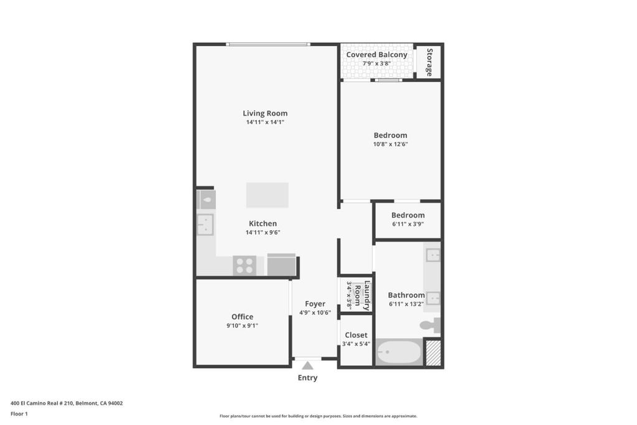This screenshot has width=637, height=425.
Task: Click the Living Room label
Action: (265, 113)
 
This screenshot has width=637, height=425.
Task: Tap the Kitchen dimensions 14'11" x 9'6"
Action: (263, 232)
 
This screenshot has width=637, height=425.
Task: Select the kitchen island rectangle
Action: (267, 195)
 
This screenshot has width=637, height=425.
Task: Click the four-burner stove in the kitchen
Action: (244, 265)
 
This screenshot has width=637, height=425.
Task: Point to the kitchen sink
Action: (205, 225)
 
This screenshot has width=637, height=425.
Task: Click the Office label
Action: (242, 317)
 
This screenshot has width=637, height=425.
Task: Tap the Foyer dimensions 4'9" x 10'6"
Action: (315, 312)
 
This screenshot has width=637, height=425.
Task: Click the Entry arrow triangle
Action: (307, 365)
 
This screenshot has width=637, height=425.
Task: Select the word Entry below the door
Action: (307, 378)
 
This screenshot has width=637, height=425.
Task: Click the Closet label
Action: (356, 335)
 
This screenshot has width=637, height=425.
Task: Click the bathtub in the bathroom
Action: (399, 352)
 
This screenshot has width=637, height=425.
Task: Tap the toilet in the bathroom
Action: (430, 325)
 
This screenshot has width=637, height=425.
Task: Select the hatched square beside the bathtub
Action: (433, 352)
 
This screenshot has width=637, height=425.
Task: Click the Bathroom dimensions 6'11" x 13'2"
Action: (406, 304)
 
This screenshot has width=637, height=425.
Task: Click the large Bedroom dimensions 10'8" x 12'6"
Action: (391, 144)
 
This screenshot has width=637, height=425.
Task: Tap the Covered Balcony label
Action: (376, 54)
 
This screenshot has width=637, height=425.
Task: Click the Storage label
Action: (429, 62)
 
